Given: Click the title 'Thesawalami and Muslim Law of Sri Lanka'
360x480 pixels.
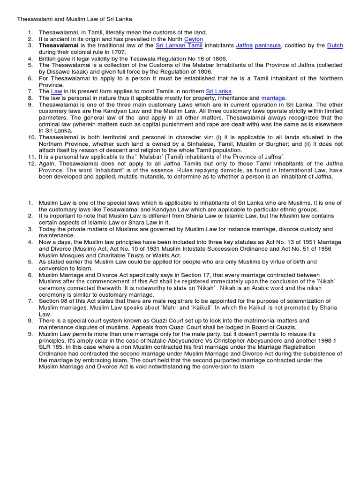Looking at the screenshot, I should (x=75, y=19).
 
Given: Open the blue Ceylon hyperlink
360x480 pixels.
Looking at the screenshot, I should (x=194, y=39).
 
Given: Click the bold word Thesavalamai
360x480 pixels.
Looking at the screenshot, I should (x=58, y=45).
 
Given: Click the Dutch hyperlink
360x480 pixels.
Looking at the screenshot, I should (x=335, y=45).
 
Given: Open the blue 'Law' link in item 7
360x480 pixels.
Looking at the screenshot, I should (x=56, y=91).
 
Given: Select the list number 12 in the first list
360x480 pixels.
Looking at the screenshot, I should (x=31, y=164).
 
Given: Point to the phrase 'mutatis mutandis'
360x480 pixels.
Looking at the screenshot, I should (x=142, y=177).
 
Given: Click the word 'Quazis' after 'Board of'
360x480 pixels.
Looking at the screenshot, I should (x=285, y=327).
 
